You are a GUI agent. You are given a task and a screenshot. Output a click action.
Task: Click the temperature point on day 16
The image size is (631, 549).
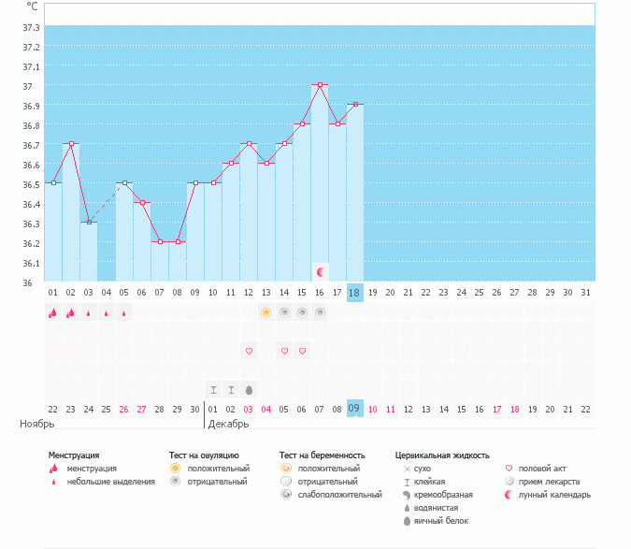click(x=320, y=84)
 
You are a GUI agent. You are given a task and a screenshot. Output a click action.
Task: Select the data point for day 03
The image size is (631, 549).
click(x=88, y=222)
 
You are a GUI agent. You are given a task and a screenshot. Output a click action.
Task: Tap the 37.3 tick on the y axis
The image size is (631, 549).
click(x=31, y=27)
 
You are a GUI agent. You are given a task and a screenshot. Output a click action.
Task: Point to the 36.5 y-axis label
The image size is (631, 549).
click(x=31, y=184)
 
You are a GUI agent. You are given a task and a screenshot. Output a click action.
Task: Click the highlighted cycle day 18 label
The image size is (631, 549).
click(x=354, y=292)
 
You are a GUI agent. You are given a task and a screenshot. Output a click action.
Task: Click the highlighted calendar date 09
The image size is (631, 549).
click(x=354, y=408)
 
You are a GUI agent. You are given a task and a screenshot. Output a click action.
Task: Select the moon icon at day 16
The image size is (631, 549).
click(x=321, y=271)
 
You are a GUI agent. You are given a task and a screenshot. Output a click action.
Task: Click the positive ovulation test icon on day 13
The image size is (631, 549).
click(x=266, y=312)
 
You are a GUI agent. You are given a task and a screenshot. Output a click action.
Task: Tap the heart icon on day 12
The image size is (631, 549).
click(x=249, y=351)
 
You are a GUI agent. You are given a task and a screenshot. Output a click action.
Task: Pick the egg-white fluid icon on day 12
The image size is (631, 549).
click(x=249, y=389)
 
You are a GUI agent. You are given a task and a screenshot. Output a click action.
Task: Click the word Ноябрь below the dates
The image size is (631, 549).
click(x=35, y=424)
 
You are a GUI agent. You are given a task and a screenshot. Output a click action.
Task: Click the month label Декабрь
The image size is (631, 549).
click(x=228, y=424)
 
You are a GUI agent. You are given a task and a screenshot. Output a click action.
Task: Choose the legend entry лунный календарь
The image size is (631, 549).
click(x=555, y=494)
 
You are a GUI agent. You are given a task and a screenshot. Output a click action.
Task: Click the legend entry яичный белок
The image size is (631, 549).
click(x=440, y=520)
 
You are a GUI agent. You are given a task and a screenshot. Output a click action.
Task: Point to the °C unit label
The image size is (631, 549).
click(x=33, y=7)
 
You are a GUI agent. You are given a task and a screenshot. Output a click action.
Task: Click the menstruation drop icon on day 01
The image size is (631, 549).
click(x=52, y=312)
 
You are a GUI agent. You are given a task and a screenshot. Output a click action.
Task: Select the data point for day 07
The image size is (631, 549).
click(x=160, y=241)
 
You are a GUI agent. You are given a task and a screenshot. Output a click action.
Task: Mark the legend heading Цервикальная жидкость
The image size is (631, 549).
click(x=442, y=455)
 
